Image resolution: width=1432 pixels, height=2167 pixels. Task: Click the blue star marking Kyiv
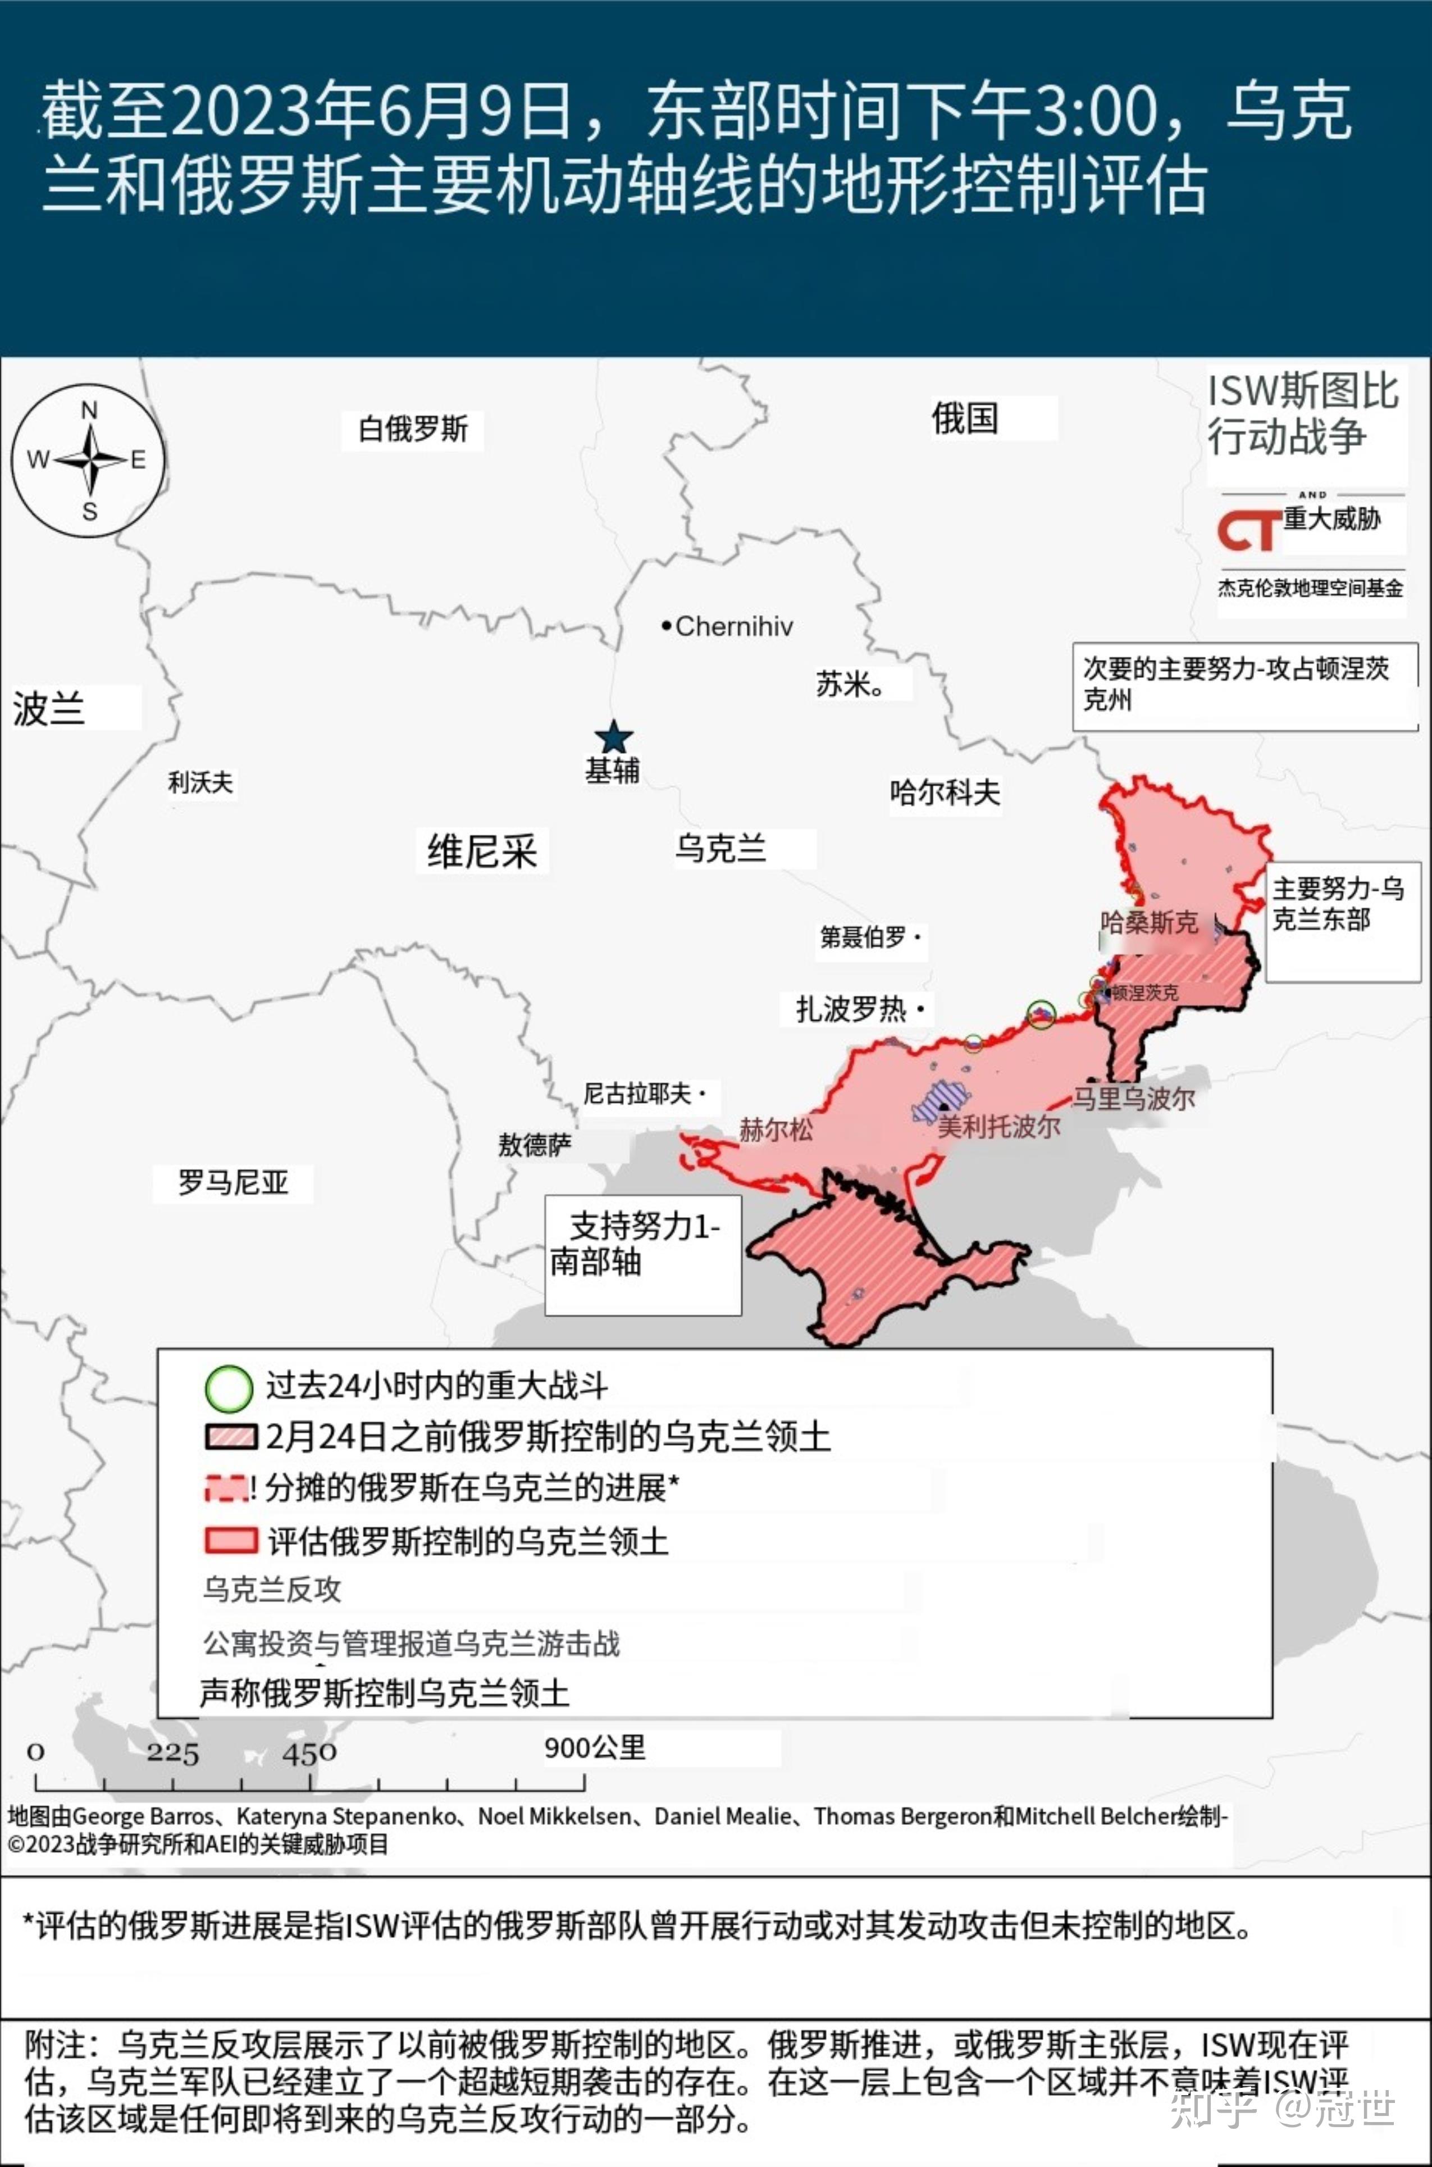pos(614,737)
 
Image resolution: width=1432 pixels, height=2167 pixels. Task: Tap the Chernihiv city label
pos(733,626)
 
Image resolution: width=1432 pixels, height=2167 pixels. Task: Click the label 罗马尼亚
pos(233,1182)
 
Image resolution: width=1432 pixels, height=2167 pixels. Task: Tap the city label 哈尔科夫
pos(945,792)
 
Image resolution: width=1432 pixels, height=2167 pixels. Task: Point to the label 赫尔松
pos(776,1130)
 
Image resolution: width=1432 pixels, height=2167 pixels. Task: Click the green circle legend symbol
pos(229,1388)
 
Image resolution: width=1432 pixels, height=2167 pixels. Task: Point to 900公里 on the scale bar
pos(595,1748)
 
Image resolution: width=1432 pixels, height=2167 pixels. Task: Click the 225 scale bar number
pos(172,1754)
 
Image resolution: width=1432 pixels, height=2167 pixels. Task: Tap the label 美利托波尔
pos(999,1126)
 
